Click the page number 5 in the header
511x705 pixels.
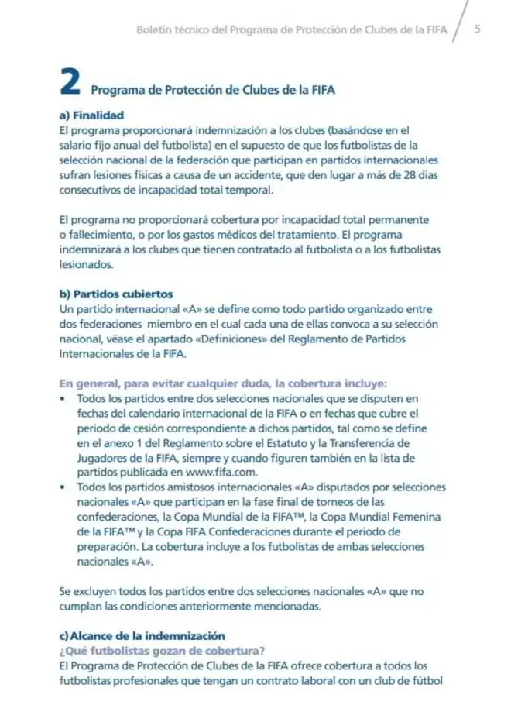pyautogui.click(x=478, y=29)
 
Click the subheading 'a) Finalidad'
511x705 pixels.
pyautogui.click(x=91, y=115)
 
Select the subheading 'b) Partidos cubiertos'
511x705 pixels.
pyautogui.click(x=112, y=294)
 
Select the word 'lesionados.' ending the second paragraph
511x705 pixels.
pyautogui.click(x=87, y=263)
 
